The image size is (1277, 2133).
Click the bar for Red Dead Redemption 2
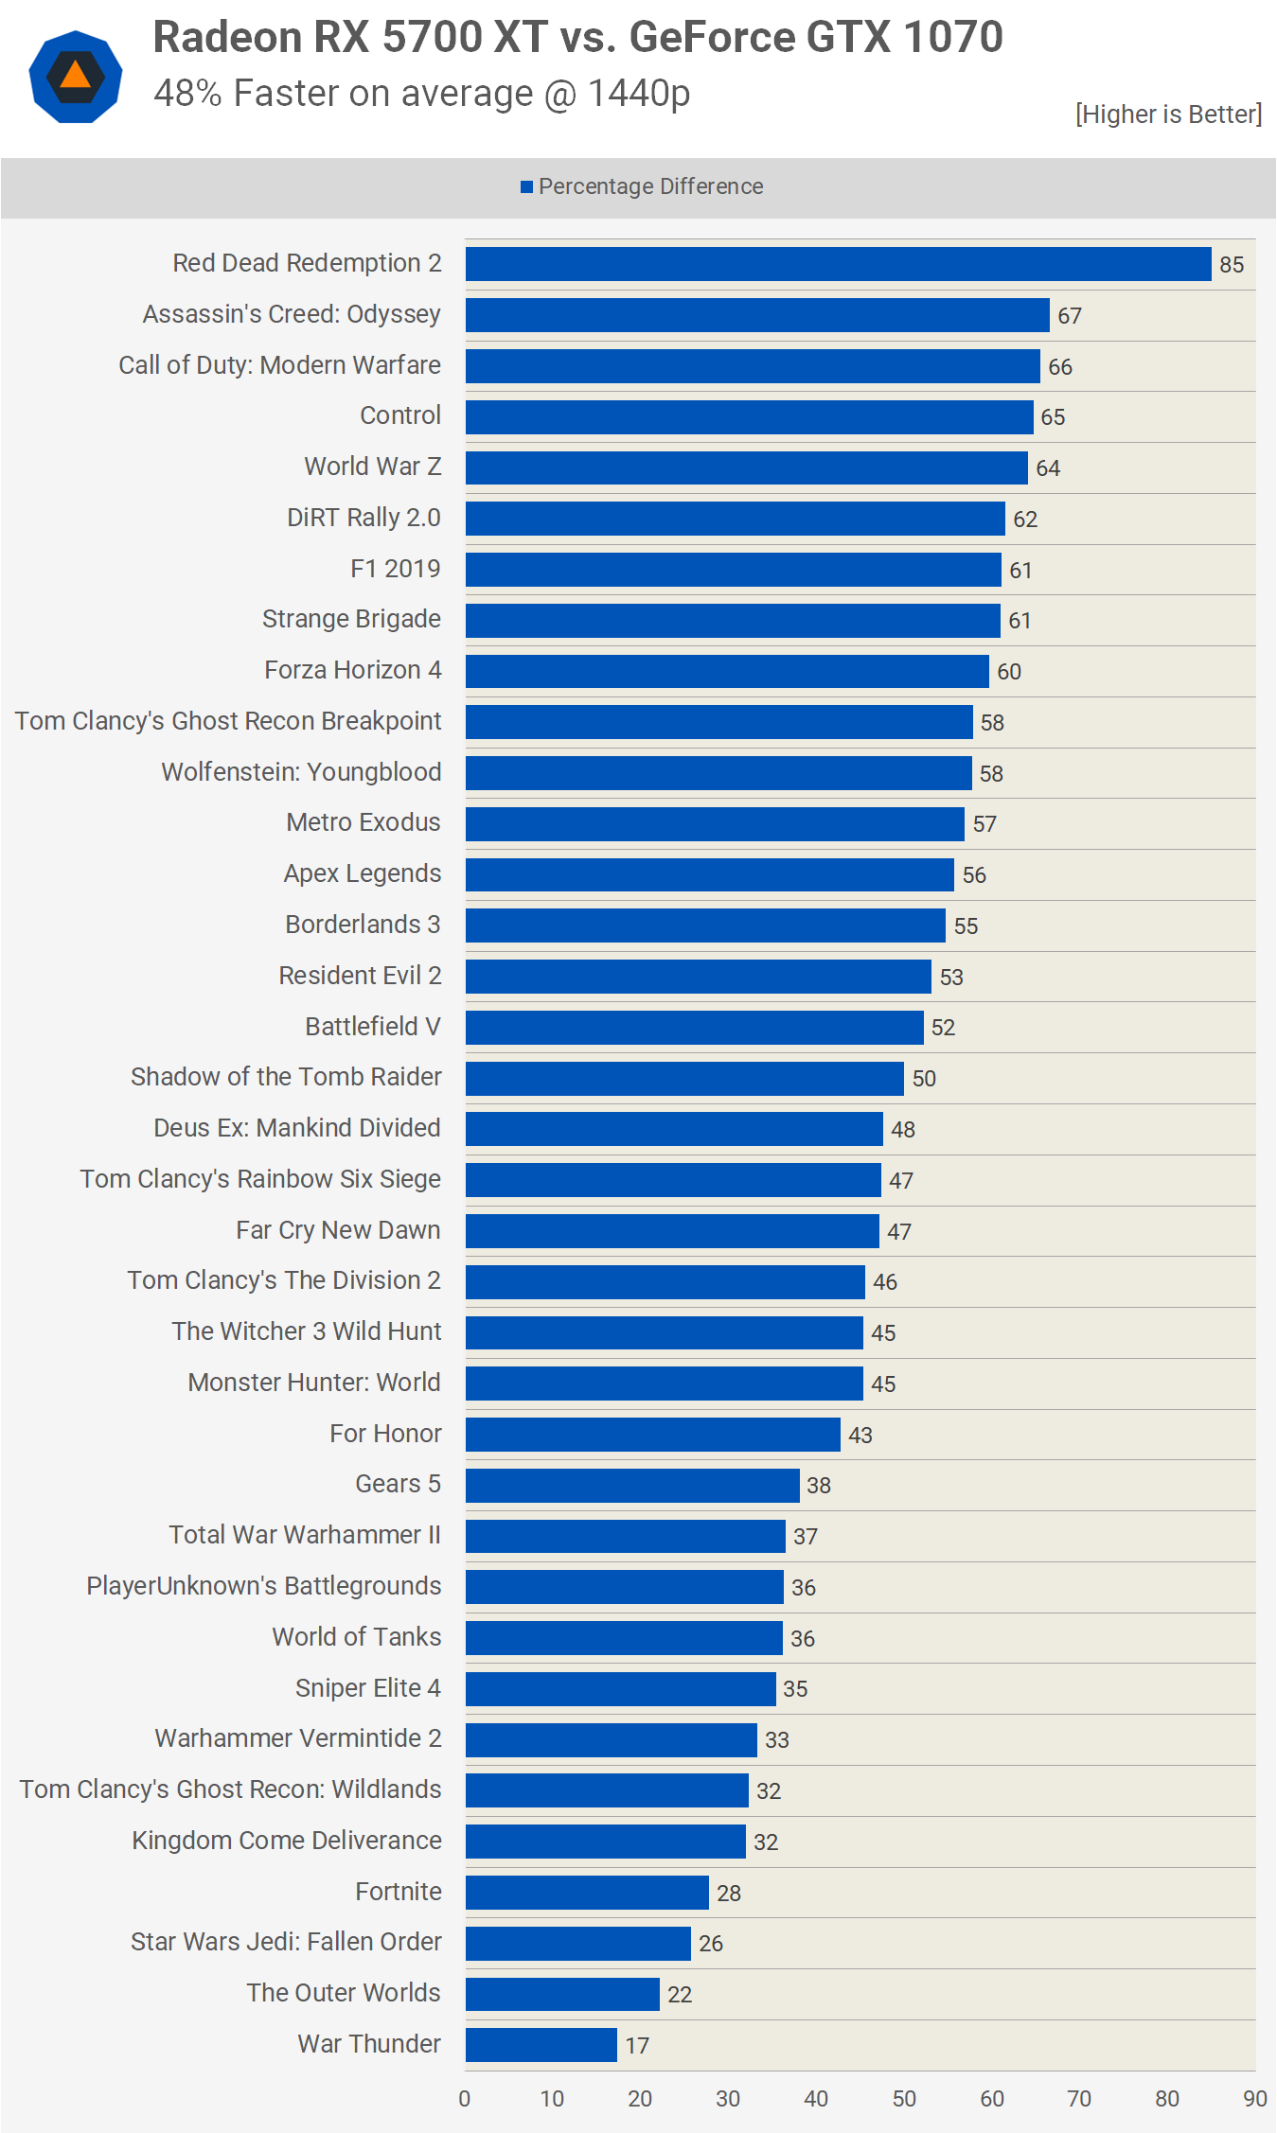838,264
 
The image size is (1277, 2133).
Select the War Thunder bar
541,2045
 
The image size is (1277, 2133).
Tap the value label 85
1232,265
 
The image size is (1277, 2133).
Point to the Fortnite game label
399,1891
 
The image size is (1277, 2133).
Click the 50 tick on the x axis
904,2099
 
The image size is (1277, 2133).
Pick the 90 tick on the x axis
1255,2099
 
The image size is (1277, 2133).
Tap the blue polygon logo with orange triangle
76,77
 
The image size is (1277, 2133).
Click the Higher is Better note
1168,115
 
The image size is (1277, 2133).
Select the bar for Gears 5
632,1485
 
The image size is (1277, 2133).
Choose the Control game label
400,415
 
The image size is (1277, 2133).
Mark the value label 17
637,2046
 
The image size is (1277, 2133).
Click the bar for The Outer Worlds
562,1994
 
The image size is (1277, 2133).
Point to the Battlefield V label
373,1027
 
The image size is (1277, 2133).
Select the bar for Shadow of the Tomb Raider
684,1078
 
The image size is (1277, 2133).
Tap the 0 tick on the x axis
465,2099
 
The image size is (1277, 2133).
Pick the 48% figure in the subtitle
187,94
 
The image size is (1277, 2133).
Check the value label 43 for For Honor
860,1435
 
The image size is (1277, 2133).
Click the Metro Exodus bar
715,823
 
